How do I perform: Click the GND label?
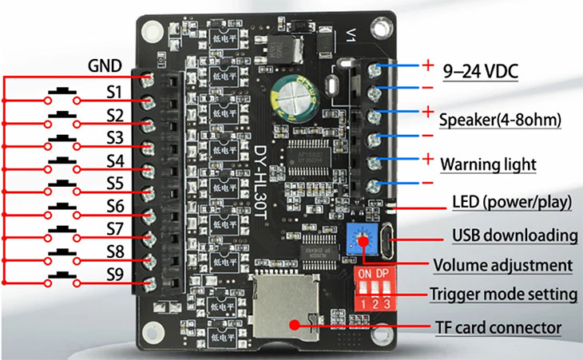pos(105,65)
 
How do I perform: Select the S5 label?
pos(114,183)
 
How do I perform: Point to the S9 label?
pos(115,274)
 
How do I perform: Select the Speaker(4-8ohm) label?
pos(500,120)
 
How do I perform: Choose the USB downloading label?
pos(514,235)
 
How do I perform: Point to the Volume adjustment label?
pos(502,265)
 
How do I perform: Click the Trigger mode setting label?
pos(503,294)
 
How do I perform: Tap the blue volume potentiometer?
pos(363,238)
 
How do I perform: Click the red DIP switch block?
pos(376,290)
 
